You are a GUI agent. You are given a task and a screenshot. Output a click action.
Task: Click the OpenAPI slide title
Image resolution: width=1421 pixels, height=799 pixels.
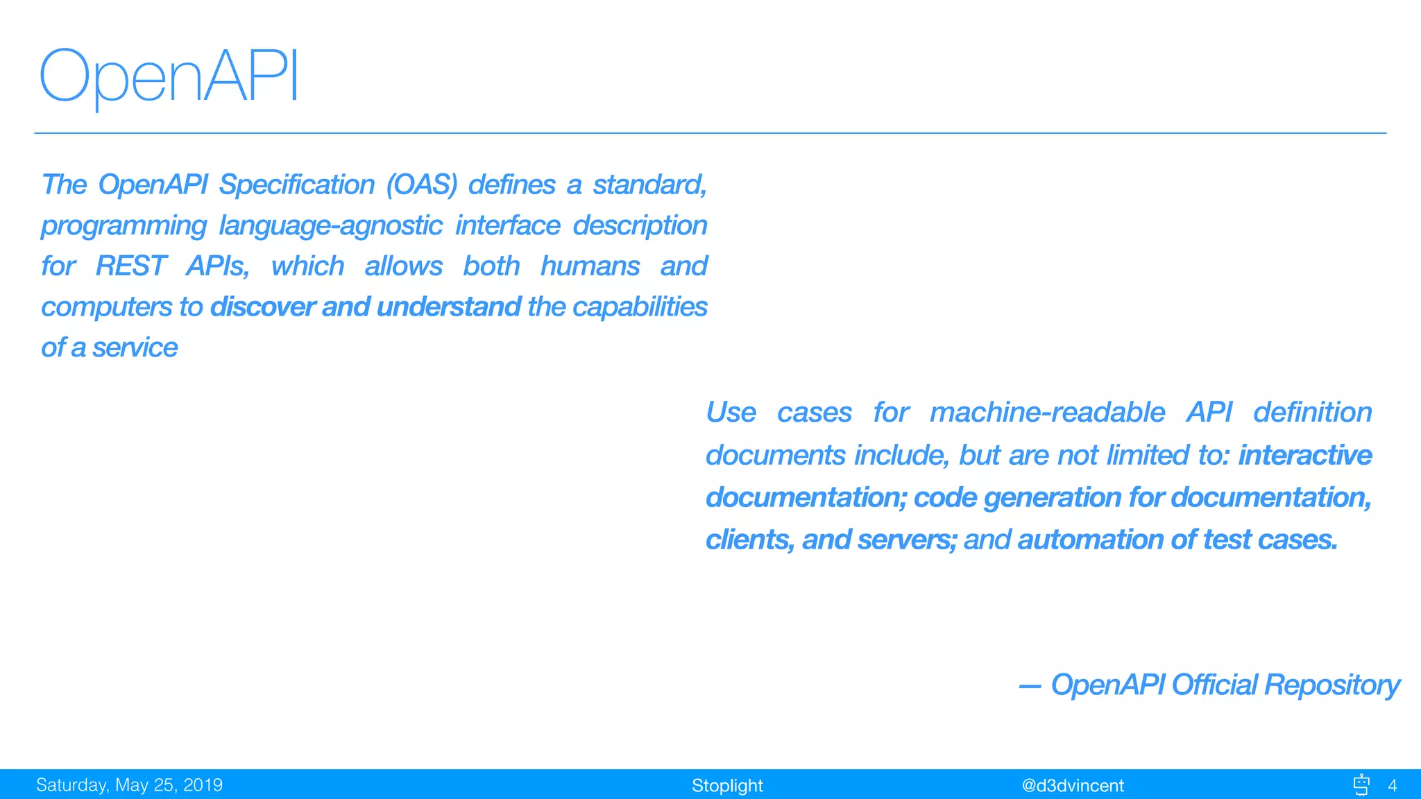169,76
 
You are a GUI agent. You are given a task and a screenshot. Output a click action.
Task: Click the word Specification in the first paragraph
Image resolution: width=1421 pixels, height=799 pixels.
296,184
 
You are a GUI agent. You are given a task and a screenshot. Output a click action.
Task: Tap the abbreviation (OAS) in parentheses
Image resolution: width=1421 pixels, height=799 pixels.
422,184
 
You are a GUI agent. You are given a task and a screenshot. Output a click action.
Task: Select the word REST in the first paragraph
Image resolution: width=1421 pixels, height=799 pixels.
130,266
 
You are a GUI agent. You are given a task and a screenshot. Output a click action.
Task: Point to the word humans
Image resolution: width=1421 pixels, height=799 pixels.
590,266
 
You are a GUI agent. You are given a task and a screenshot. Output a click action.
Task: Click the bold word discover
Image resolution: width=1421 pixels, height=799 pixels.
262,307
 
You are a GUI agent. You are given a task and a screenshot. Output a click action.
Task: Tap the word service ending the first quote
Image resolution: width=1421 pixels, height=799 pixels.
135,347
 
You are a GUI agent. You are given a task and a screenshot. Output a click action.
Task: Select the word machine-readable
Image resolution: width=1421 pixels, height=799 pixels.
1047,413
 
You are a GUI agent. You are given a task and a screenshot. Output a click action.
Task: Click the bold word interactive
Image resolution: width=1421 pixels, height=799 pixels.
1304,455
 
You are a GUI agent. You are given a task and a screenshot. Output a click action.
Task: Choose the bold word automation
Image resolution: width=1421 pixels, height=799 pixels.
1090,540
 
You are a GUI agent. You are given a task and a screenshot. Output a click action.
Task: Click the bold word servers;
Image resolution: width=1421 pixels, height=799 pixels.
907,540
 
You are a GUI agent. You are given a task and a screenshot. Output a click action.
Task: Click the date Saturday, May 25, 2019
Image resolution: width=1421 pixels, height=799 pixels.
129,785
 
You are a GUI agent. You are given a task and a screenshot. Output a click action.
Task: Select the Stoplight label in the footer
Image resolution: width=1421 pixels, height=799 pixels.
726,785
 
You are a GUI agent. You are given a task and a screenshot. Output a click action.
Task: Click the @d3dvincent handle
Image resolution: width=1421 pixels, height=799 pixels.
1072,785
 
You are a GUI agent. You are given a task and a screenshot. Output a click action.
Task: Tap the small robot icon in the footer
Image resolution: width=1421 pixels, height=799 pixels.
1361,784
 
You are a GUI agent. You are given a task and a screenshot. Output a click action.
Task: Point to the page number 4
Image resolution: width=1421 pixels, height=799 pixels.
1392,785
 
